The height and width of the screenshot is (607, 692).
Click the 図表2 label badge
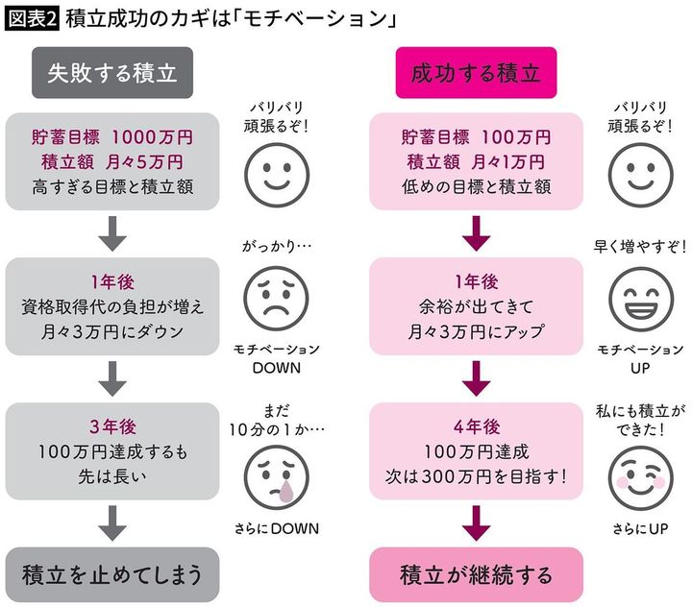click(x=32, y=18)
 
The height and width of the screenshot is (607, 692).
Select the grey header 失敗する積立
click(x=113, y=74)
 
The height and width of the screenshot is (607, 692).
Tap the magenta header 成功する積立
click(x=476, y=74)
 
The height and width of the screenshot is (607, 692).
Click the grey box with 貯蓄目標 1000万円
click(x=113, y=161)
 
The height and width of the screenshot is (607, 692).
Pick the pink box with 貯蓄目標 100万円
click(x=476, y=161)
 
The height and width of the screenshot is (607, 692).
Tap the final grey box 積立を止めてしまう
click(x=113, y=574)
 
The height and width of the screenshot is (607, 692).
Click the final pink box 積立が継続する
click(x=476, y=574)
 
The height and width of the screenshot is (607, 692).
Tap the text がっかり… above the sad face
click(x=271, y=246)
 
